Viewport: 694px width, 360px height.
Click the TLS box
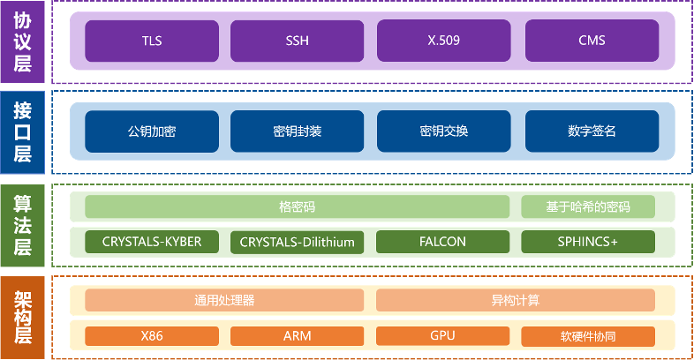tap(152, 41)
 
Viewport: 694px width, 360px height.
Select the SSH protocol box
tap(297, 41)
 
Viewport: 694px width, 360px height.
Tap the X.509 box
tap(443, 41)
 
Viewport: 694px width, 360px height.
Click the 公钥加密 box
tap(152, 131)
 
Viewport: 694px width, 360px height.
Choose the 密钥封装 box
tap(297, 131)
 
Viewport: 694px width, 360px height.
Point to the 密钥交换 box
tap(443, 131)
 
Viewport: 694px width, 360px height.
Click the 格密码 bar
tap(297, 207)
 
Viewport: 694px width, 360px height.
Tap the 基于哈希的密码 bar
tap(588, 207)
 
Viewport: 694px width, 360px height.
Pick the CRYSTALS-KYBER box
tap(152, 242)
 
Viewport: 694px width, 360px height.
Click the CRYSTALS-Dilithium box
tap(297, 242)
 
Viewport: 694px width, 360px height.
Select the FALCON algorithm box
tap(443, 242)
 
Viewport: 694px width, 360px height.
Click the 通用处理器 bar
tap(224, 300)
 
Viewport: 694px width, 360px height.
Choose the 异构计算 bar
tap(516, 300)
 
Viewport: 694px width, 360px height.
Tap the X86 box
tap(152, 336)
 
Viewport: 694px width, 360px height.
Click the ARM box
tap(297, 336)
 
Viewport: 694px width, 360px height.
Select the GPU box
tap(443, 336)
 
